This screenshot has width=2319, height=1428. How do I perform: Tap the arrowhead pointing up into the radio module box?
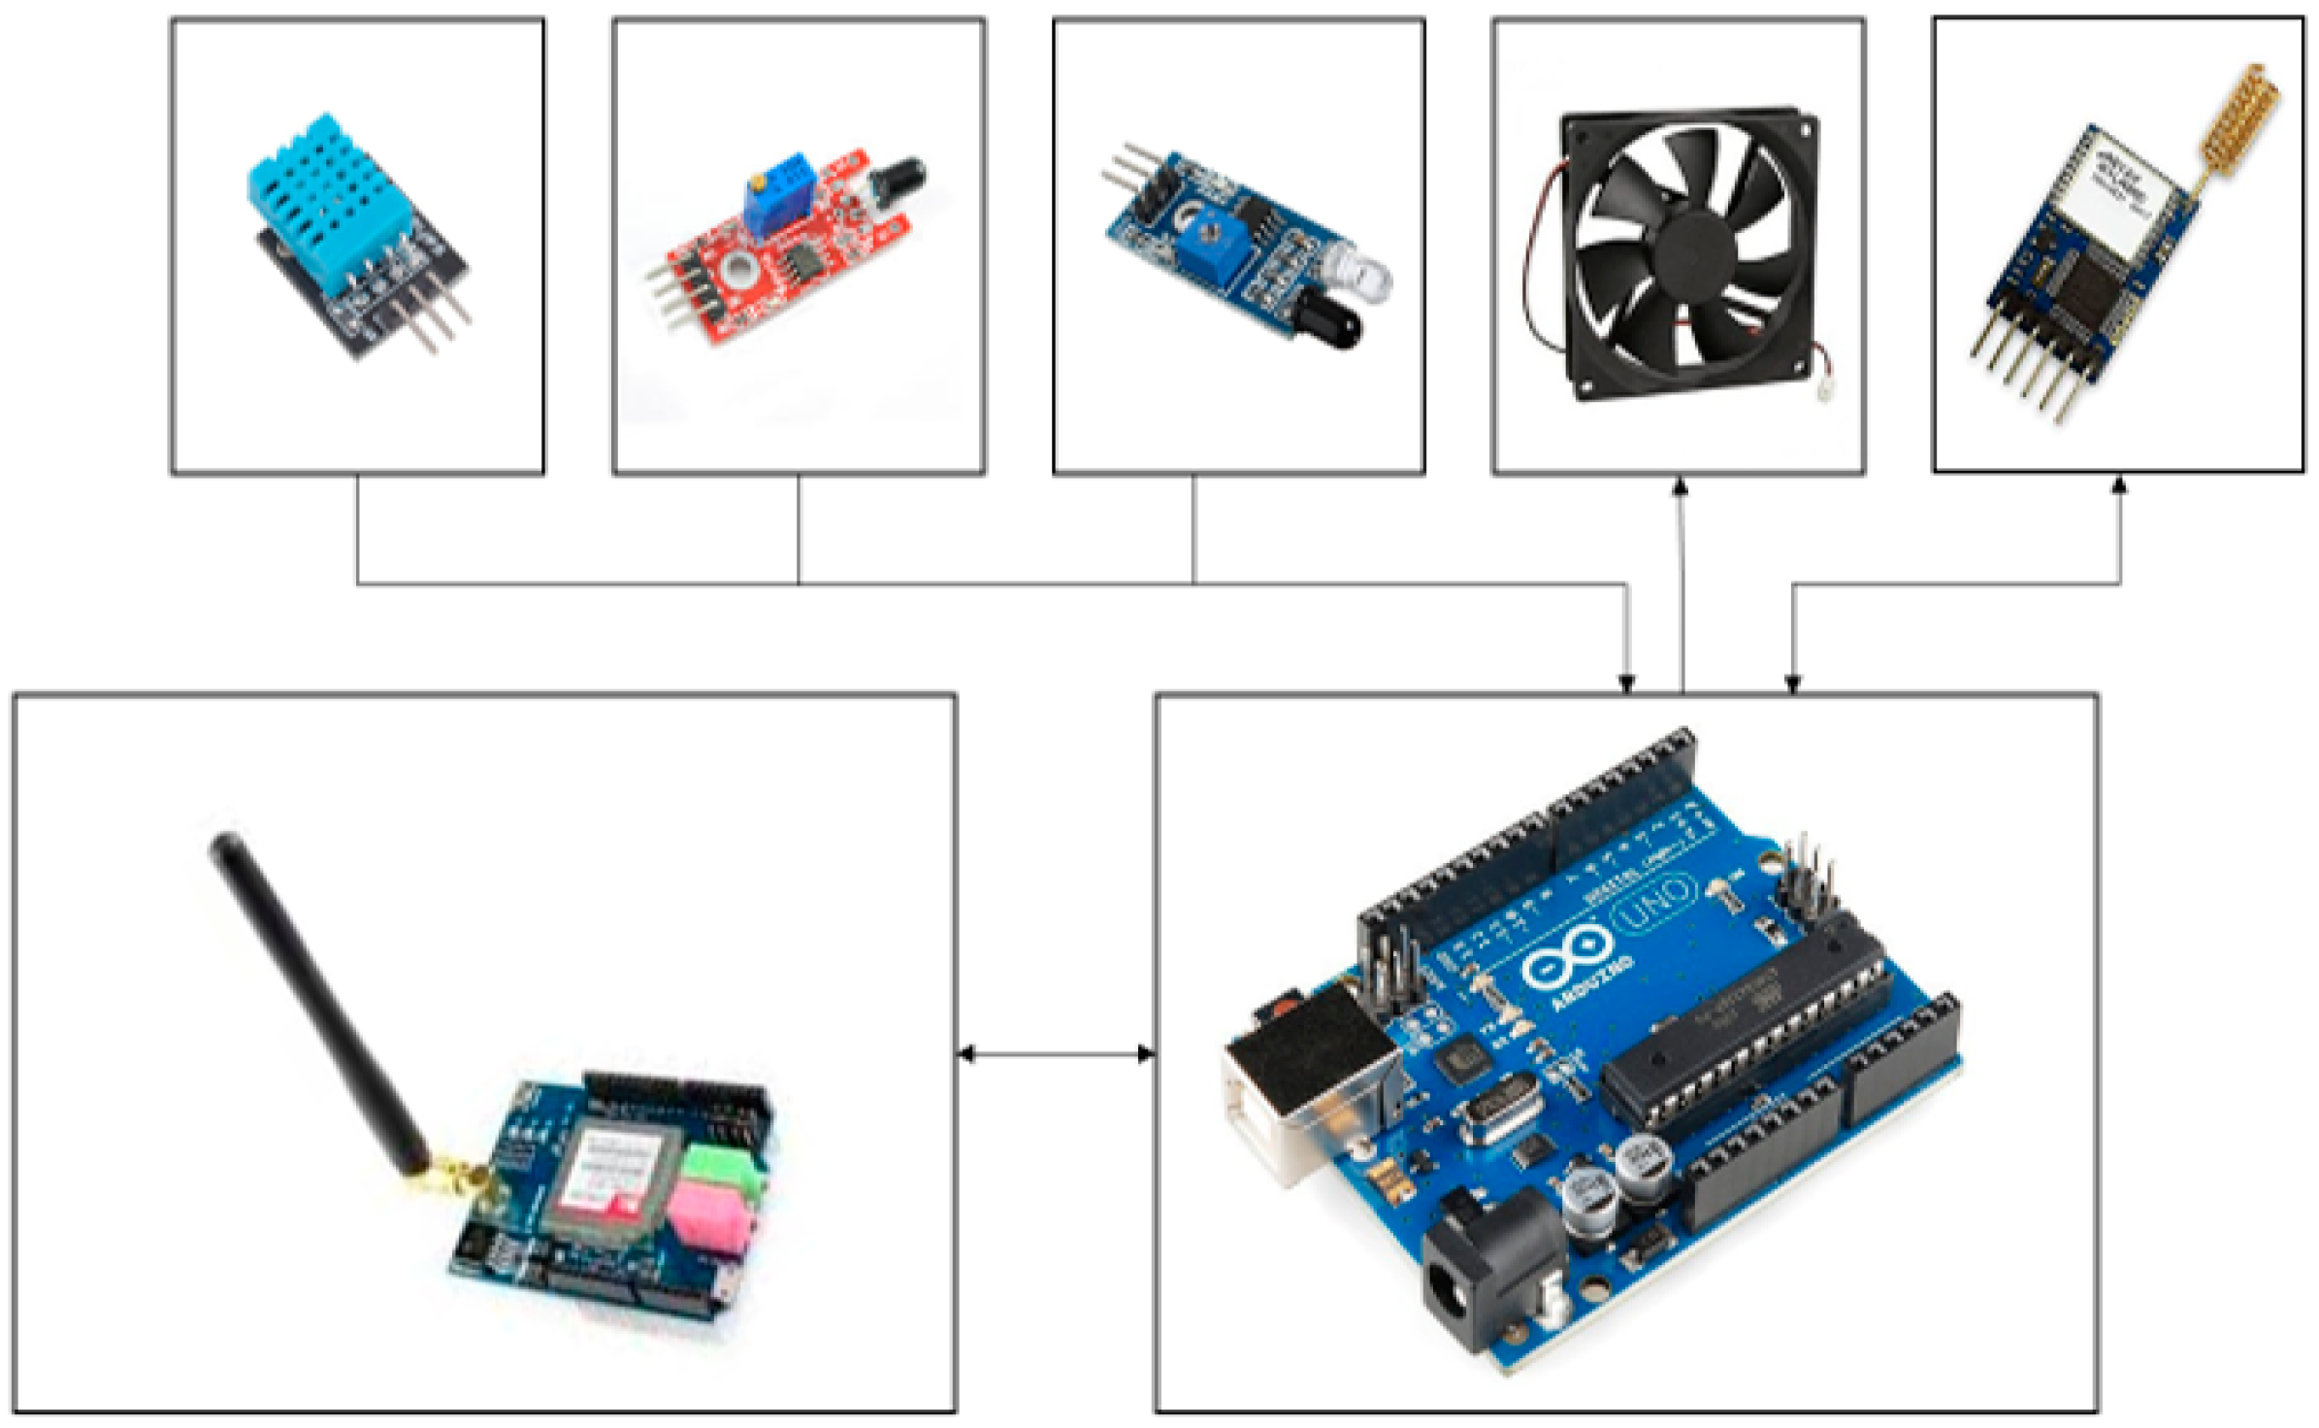pyautogui.click(x=2120, y=485)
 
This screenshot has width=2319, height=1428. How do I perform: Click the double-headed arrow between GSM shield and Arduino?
pyautogui.click(x=1056, y=1053)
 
